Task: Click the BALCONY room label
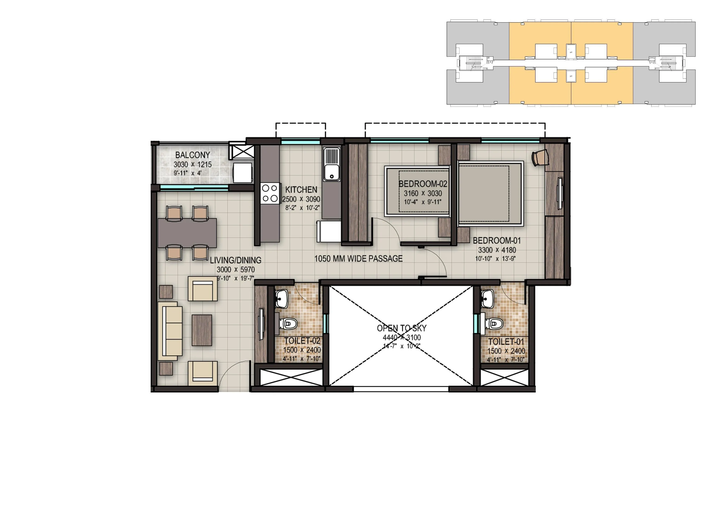point(192,155)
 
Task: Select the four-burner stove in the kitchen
point(270,193)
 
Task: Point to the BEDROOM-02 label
point(423,184)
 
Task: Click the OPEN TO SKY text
point(401,328)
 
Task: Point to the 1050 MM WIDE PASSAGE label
point(358,259)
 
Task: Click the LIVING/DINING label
point(236,260)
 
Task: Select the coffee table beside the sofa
point(202,330)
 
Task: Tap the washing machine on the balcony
point(243,173)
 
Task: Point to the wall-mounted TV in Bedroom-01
point(560,194)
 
